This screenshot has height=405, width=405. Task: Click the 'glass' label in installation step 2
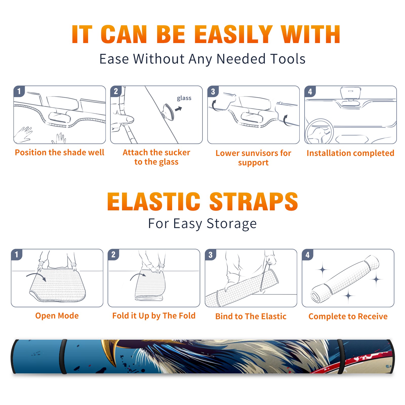pyautogui.click(x=184, y=98)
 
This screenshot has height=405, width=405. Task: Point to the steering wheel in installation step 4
pyautogui.click(x=319, y=131)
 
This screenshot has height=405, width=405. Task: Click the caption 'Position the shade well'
pyautogui.click(x=59, y=152)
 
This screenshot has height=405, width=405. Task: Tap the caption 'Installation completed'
pyautogui.click(x=350, y=153)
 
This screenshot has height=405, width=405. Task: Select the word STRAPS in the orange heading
pyautogui.click(x=254, y=201)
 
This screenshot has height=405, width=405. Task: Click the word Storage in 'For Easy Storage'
pyautogui.click(x=232, y=224)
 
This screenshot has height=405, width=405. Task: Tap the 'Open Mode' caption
pyautogui.click(x=57, y=316)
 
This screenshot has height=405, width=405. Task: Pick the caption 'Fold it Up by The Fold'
pyautogui.click(x=154, y=316)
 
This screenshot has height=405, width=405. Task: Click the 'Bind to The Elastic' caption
pyautogui.click(x=251, y=316)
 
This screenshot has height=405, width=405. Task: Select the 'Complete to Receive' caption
pyautogui.click(x=348, y=316)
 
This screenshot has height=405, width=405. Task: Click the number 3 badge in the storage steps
pyautogui.click(x=210, y=255)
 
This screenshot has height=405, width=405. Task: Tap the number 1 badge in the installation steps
pyautogui.click(x=19, y=91)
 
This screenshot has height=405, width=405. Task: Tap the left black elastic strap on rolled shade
pyautogui.click(x=63, y=356)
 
